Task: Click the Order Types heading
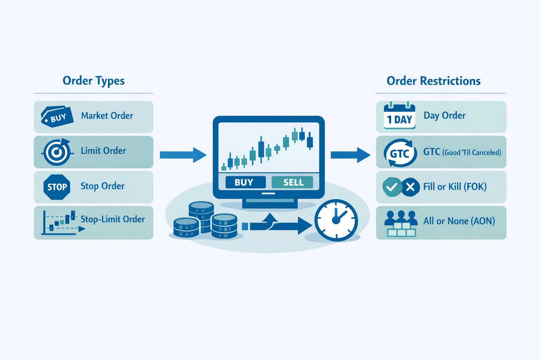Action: (x=94, y=81)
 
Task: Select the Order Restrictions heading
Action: (x=433, y=81)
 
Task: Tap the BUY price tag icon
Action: (x=57, y=117)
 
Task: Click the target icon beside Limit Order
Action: (x=57, y=152)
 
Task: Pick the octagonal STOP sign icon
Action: (x=57, y=187)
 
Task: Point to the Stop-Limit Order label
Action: (x=112, y=219)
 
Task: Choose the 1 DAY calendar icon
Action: (x=399, y=116)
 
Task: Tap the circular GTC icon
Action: (x=400, y=153)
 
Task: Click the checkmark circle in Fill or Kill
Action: (x=392, y=187)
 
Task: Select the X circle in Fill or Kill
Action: (x=410, y=187)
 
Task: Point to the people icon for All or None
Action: (x=401, y=223)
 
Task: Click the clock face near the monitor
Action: (x=336, y=220)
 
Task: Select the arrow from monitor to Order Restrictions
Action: (x=350, y=155)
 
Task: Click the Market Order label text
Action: (x=107, y=116)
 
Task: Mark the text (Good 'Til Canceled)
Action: (x=471, y=153)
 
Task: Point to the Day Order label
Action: (x=444, y=116)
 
